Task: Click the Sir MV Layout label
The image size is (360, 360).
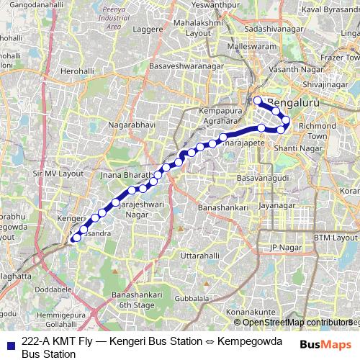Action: (x=53, y=173)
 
